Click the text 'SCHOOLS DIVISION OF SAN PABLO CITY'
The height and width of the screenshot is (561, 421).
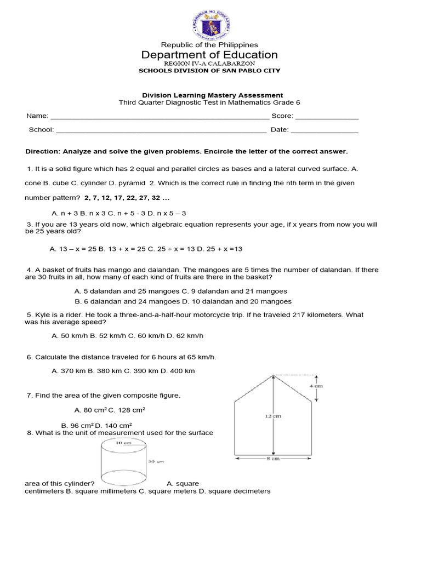(x=209, y=71)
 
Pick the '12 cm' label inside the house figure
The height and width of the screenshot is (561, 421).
(x=272, y=416)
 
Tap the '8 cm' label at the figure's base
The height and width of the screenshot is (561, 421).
(x=273, y=459)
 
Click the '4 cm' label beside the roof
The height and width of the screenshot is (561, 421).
(x=317, y=386)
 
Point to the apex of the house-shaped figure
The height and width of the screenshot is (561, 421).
(x=273, y=375)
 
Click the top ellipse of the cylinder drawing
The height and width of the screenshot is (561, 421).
(x=123, y=444)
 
